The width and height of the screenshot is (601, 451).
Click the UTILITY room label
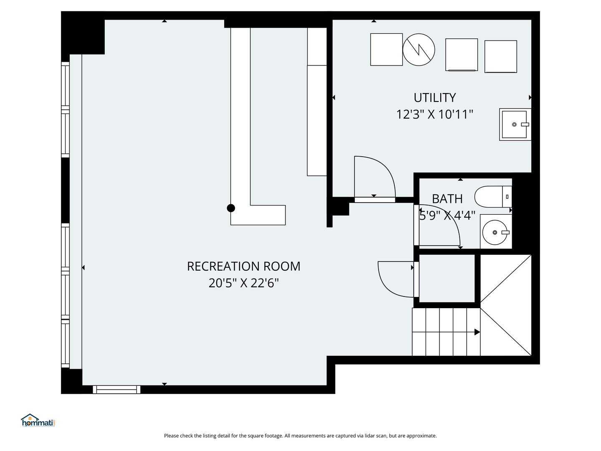click(x=434, y=98)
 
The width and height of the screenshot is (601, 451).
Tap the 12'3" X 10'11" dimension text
click(x=434, y=114)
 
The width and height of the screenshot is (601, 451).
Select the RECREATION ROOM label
click(x=243, y=266)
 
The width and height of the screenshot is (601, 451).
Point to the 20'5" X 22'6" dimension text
click(x=243, y=283)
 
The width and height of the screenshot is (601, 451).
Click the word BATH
click(x=447, y=199)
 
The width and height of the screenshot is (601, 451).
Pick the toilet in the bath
click(x=493, y=197)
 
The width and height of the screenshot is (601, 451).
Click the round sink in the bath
click(x=495, y=233)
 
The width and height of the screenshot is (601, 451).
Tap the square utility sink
click(x=515, y=124)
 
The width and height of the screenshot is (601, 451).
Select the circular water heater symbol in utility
click(x=419, y=50)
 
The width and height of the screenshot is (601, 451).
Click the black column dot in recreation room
click(x=231, y=208)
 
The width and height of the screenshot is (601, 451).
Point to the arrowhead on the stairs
click(x=477, y=332)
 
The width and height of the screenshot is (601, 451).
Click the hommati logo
click(x=38, y=420)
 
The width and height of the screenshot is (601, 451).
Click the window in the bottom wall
click(x=116, y=389)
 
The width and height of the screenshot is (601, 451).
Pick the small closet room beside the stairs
click(x=447, y=279)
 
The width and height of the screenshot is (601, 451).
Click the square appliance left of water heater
click(x=386, y=50)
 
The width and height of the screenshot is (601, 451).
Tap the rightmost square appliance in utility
click(x=500, y=57)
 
